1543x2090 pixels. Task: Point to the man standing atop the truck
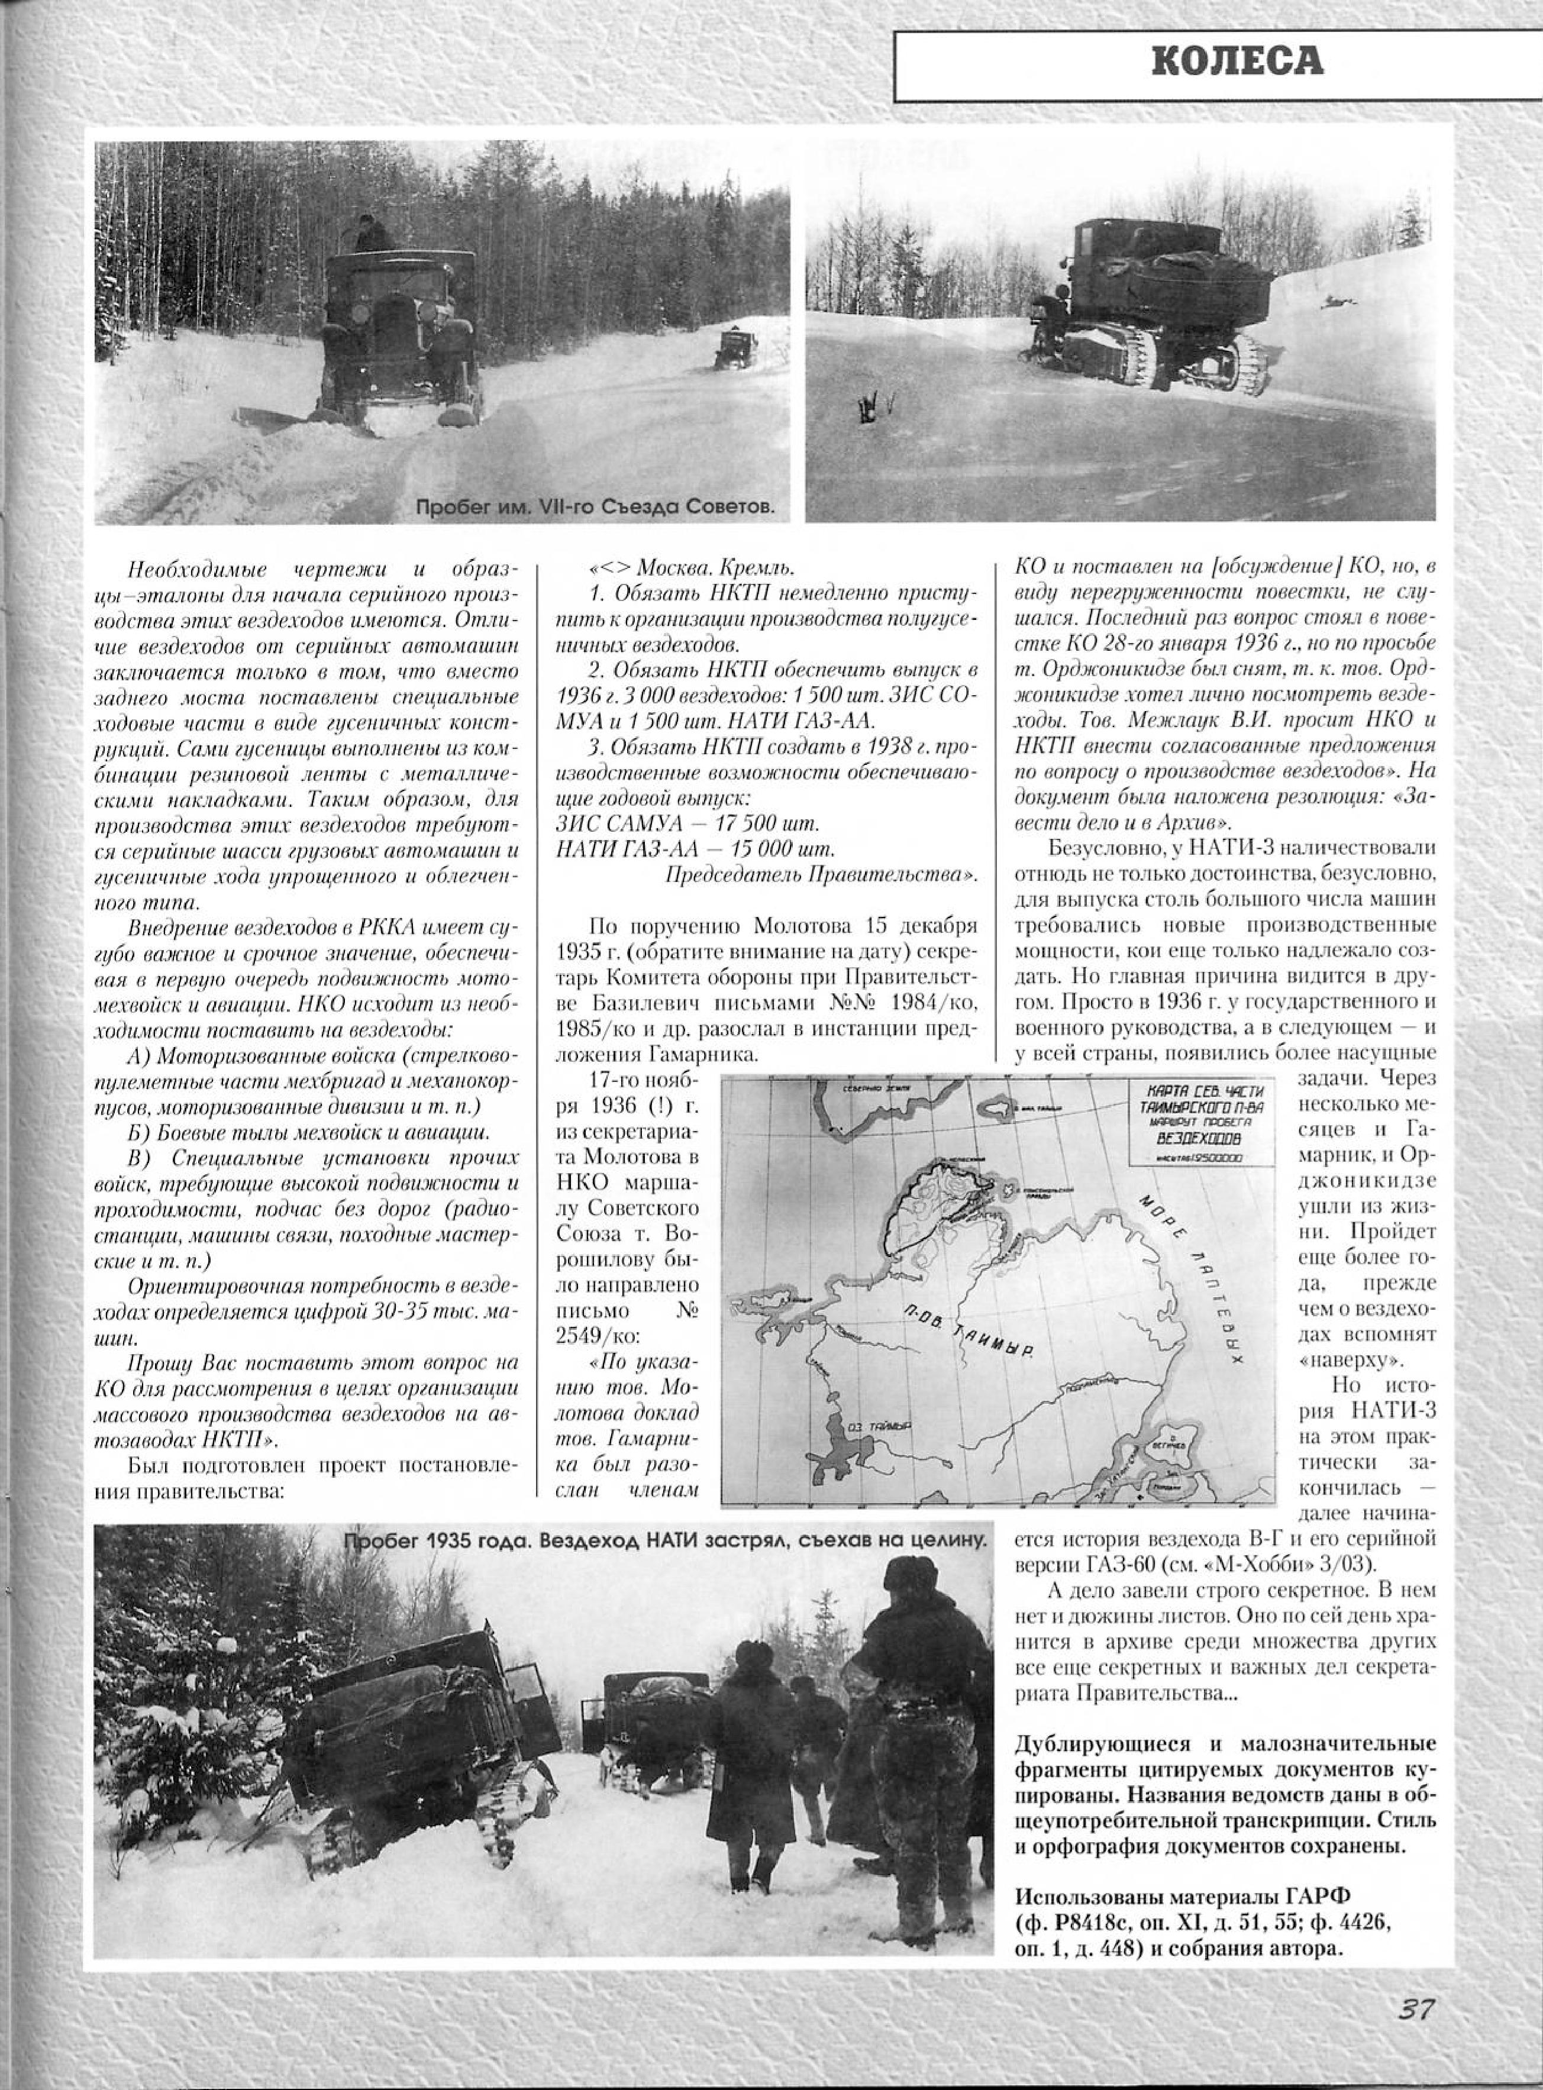[x=367, y=234]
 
